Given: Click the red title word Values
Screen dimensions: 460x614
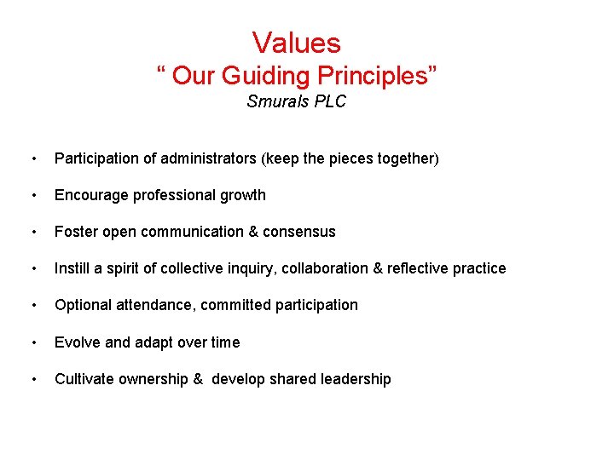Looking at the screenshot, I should pyautogui.click(x=296, y=43).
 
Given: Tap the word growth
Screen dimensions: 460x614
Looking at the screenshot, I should pyautogui.click(x=243, y=195).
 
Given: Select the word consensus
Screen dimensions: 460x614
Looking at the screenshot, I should pyautogui.click(x=299, y=232).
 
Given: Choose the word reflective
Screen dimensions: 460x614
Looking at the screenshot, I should pyautogui.click(x=420, y=268).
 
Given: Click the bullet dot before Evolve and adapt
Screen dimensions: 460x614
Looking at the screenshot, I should pyautogui.click(x=32, y=342).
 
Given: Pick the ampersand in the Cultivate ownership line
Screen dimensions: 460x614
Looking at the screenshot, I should pyautogui.click(x=198, y=379).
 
